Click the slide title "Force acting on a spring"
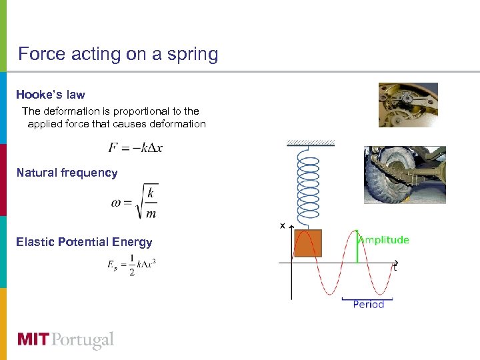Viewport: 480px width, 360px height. [x=118, y=54]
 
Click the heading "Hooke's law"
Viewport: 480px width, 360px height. [x=51, y=95]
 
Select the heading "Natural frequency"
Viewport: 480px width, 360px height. [x=67, y=173]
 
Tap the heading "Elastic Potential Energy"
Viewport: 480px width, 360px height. [x=84, y=242]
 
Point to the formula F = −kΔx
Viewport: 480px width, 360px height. [x=135, y=147]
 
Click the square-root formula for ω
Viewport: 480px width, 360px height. [x=135, y=201]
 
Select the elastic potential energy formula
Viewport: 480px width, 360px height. [x=132, y=265]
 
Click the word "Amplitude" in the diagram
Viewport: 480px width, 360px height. [x=385, y=240]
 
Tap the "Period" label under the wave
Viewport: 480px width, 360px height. [x=368, y=304]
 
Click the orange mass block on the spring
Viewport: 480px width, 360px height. [x=307, y=243]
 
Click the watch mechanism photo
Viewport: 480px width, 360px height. [x=408, y=105]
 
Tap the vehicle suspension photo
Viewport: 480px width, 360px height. [x=405, y=175]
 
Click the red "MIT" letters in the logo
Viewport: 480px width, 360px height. [x=34, y=340]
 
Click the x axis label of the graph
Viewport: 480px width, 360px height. [x=283, y=226]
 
